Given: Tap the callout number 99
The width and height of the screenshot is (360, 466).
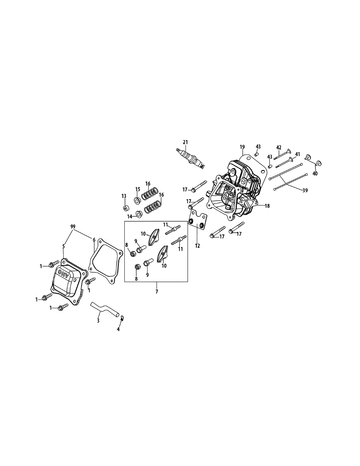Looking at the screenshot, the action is tap(73, 226).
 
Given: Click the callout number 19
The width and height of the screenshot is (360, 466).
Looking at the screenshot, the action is tap(242, 147).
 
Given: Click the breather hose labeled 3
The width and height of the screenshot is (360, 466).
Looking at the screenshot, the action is tap(104, 309).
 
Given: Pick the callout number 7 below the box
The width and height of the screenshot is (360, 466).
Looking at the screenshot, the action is tap(157, 291).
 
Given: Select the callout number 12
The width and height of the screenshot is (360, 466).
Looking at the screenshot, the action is tap(197, 246).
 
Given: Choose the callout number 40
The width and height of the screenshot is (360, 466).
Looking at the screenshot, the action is tap(315, 174).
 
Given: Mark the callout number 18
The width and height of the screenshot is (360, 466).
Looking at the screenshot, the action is tap(267, 206).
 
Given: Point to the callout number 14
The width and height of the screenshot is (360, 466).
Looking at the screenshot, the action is tap(130, 216).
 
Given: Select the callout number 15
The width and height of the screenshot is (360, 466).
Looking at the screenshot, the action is tap(137, 189).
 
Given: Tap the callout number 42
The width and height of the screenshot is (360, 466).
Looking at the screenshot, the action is tap(278, 147).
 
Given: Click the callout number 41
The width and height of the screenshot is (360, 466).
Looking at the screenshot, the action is tap(297, 154).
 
